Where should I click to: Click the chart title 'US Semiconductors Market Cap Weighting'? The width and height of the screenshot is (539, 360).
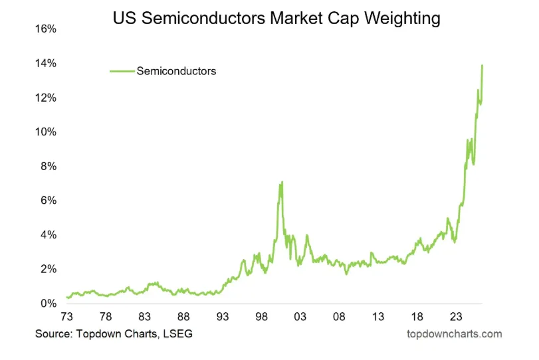[x=276, y=18]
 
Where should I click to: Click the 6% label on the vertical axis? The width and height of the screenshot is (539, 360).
[x=48, y=201]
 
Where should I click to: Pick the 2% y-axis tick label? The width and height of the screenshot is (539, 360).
[x=48, y=269]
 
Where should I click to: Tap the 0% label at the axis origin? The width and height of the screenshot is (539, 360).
[x=48, y=304]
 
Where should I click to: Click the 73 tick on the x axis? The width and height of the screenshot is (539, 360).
[x=67, y=317]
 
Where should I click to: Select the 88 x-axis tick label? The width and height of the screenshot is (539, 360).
[x=184, y=317]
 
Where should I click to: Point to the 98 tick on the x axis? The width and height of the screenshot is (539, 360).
[x=261, y=317]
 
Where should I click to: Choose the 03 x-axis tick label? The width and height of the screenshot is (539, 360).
[x=300, y=317]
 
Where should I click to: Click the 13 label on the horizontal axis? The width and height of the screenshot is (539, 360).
[x=377, y=317]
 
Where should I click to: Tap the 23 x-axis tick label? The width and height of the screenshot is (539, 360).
[x=455, y=317]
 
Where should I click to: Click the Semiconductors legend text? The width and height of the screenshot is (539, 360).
[x=176, y=71]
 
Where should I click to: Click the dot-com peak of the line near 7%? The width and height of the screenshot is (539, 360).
[x=282, y=182]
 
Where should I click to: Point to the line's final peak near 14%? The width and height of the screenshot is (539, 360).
[x=482, y=65]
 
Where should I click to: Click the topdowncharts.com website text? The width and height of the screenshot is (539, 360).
[x=454, y=333]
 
